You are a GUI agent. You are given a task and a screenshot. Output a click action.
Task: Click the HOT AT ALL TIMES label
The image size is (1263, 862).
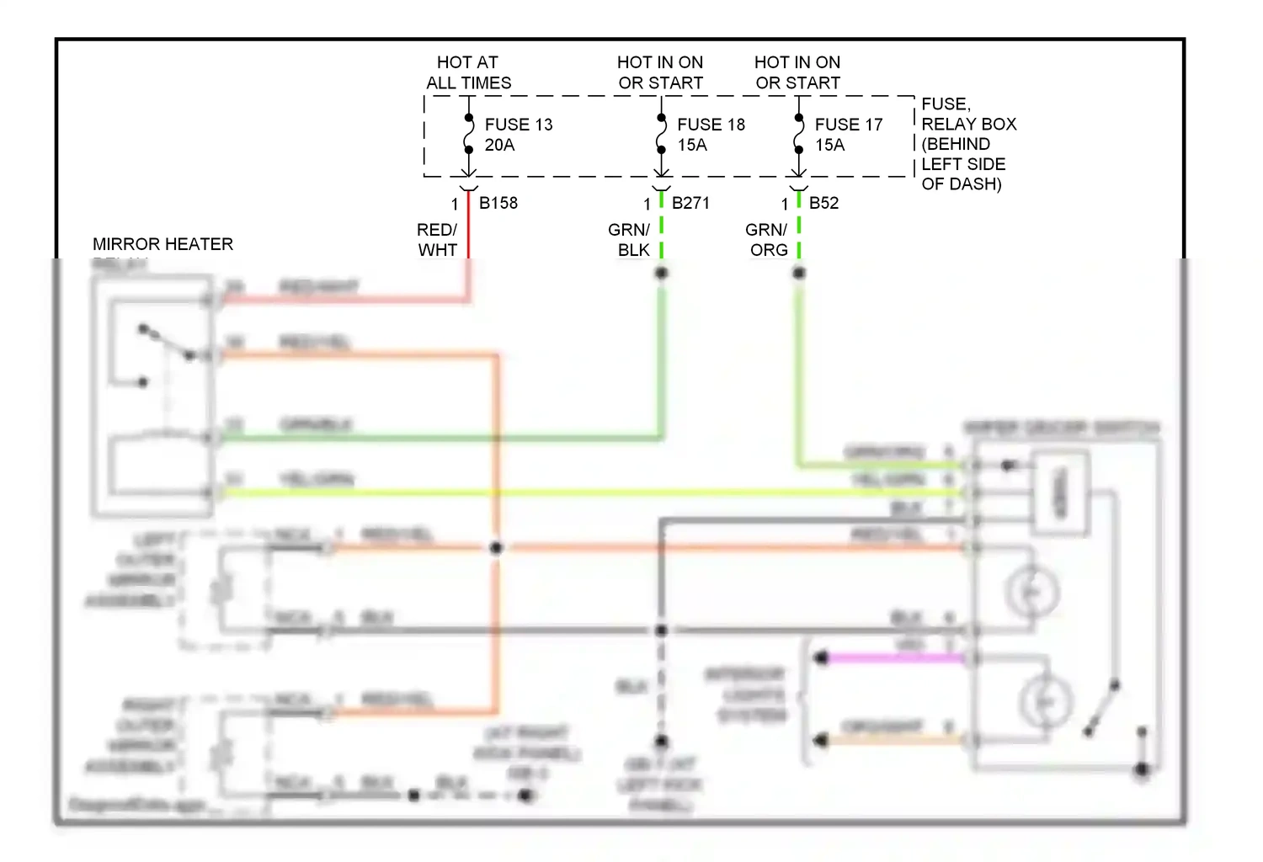pos(468,72)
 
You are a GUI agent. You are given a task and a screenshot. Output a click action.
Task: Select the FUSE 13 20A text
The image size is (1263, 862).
pos(518,135)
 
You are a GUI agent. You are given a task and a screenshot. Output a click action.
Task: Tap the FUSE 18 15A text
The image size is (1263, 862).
pos(711,135)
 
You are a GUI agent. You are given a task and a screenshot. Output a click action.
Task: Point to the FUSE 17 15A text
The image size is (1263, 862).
pos(848,135)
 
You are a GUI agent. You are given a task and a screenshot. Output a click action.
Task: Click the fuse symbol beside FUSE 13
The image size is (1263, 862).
pos(469,135)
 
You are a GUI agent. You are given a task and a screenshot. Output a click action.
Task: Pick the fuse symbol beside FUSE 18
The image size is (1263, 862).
pos(662,135)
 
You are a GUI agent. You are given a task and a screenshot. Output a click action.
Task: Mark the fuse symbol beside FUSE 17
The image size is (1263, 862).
pos(799,135)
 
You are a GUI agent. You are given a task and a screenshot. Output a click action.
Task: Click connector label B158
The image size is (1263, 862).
pos(498,203)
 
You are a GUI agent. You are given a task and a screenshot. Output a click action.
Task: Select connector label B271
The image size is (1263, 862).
pos(690,203)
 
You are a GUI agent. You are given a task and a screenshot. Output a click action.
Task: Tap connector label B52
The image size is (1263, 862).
pos(823,203)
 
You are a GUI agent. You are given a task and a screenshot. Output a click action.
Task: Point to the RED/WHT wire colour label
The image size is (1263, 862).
pos(437,240)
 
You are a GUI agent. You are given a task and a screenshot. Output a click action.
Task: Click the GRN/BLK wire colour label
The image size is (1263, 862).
pos(630,240)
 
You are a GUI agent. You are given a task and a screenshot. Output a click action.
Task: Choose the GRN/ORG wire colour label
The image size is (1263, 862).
pos(767,240)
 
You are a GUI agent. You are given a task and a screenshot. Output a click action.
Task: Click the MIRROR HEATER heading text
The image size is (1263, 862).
pos(163,244)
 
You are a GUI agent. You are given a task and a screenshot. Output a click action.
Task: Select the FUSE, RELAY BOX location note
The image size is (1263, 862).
pos(968,144)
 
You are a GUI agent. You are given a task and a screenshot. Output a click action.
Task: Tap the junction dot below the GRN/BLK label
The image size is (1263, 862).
pos(662,273)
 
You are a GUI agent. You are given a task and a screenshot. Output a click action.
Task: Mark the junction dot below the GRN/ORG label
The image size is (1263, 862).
pos(799,273)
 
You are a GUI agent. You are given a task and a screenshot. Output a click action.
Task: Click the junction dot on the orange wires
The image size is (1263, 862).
pos(496,548)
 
